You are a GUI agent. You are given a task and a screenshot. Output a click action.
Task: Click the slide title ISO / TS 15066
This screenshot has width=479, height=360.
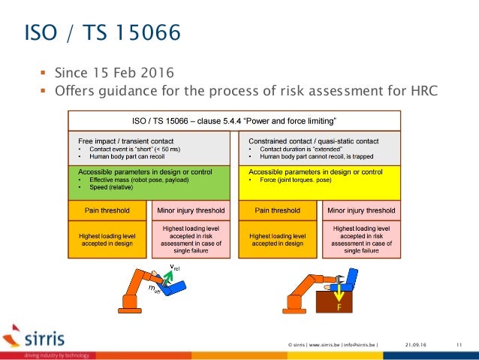(x=102, y=33)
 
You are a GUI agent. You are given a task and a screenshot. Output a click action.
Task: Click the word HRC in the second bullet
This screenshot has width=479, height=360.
(x=422, y=92)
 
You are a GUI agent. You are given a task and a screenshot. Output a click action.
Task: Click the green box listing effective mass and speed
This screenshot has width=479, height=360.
(x=149, y=183)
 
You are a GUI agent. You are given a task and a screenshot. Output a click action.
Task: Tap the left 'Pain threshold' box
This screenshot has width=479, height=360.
(x=109, y=211)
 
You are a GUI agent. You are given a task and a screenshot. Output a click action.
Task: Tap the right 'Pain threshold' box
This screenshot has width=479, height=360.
(x=278, y=211)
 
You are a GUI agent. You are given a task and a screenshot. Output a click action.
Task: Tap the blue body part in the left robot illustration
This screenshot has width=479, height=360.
(x=177, y=286)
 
